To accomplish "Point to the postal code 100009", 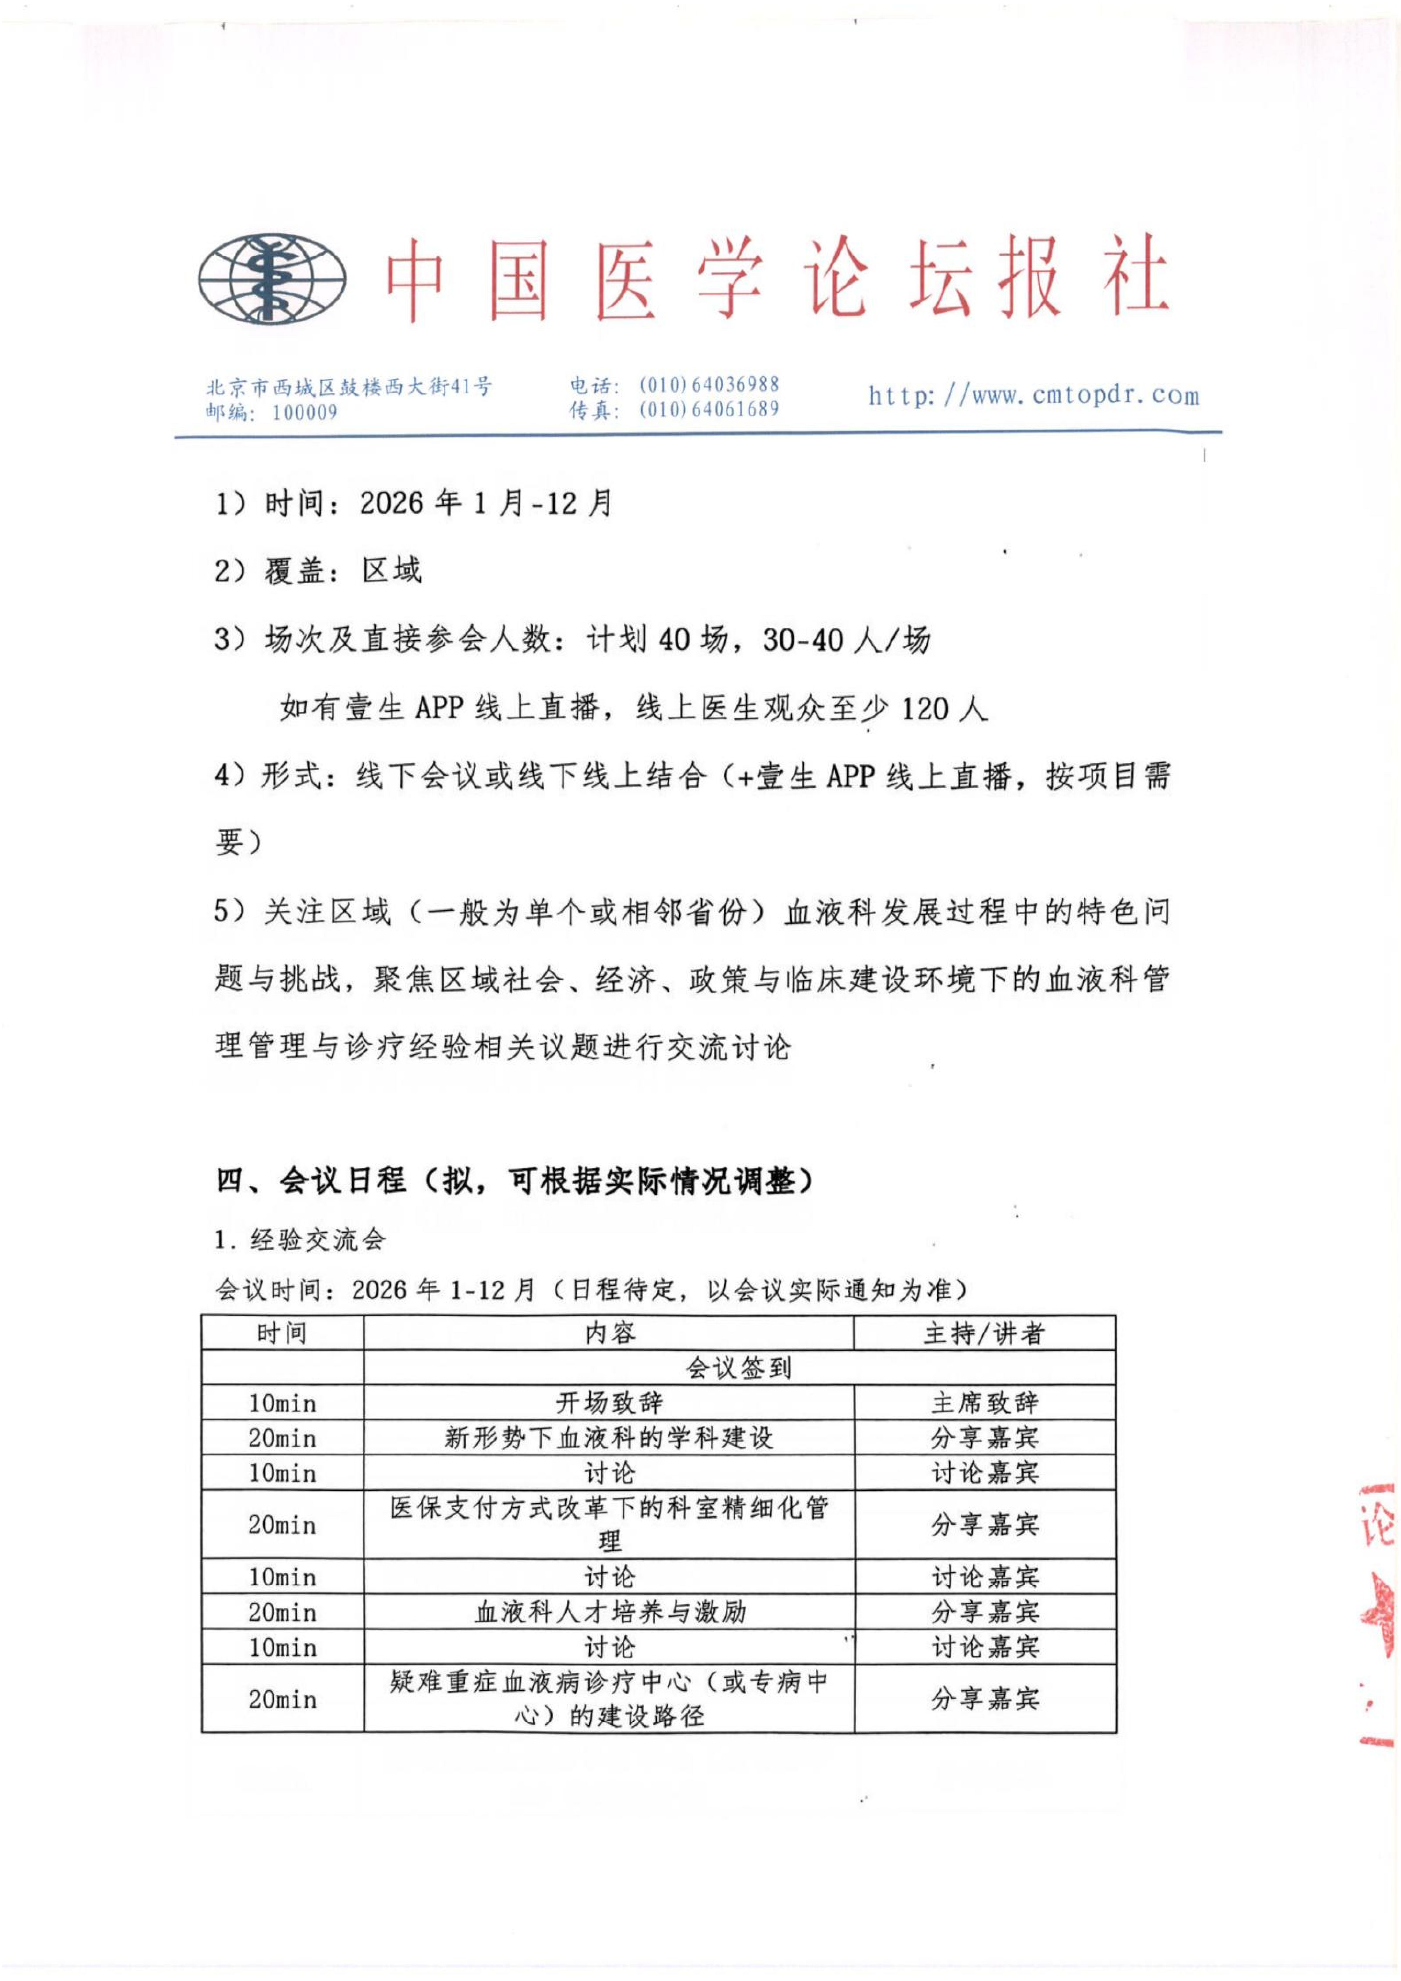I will (x=305, y=412).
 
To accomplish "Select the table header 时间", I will (x=282, y=1333).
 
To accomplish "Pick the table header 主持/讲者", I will (x=984, y=1333).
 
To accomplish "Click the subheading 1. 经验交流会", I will (x=300, y=1240).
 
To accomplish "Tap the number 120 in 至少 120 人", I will (x=925, y=708).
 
